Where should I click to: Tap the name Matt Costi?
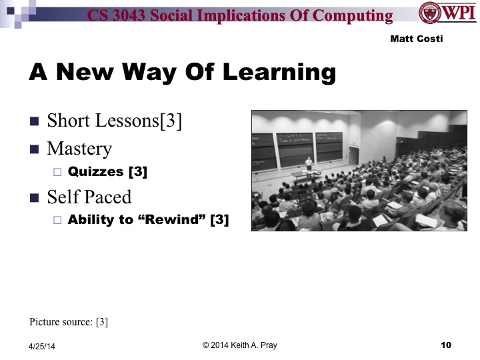coord(417,39)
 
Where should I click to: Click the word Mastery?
coord(79,148)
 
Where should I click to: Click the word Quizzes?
coord(96,171)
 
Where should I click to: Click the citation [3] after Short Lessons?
coord(169,122)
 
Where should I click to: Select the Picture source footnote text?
coord(69,322)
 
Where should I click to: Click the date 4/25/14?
coord(43,346)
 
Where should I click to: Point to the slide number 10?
coord(446,345)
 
